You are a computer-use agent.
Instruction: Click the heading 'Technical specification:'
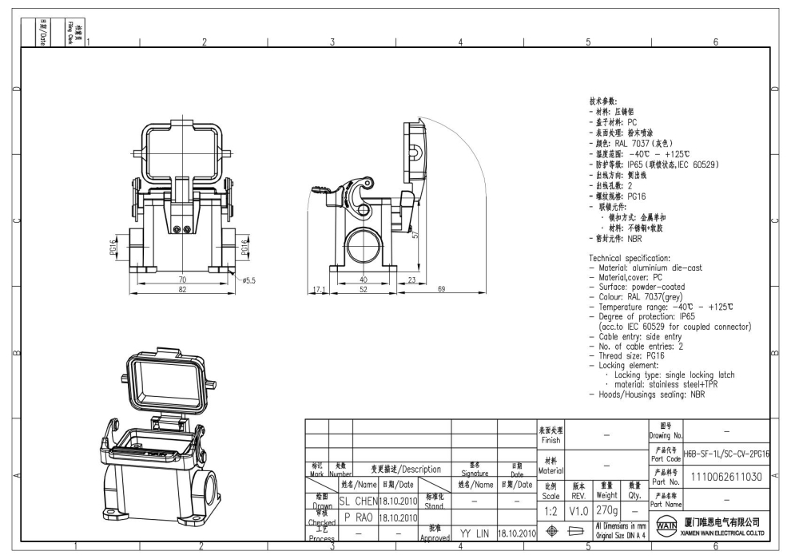click(629, 259)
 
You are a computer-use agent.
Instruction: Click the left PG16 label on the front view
click(113, 248)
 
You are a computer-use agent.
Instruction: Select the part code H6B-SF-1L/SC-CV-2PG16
click(727, 454)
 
